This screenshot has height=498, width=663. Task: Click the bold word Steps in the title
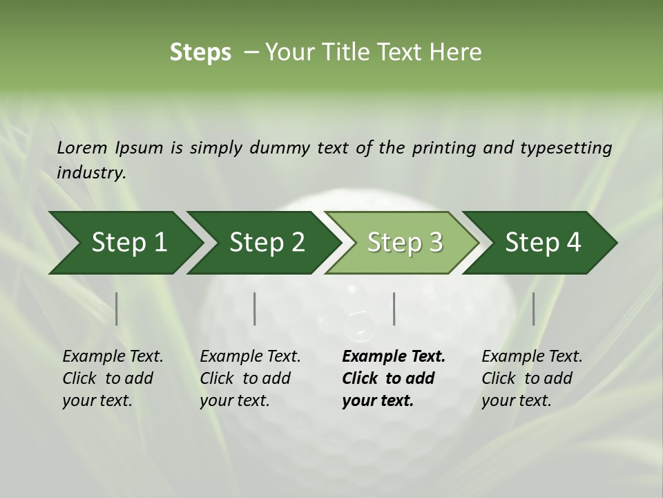[200, 53]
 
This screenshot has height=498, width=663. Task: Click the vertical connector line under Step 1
[117, 308]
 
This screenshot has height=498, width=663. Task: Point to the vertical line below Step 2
[255, 308]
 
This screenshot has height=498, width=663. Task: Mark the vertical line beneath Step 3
[394, 308]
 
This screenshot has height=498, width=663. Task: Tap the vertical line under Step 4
[533, 308]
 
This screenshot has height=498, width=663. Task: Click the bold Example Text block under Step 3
[393, 378]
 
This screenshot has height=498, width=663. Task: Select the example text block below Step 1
[113, 378]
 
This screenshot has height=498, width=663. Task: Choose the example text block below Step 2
[250, 378]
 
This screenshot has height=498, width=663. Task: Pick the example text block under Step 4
[532, 378]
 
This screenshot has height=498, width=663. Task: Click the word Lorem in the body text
[82, 147]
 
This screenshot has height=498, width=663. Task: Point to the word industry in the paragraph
[91, 173]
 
